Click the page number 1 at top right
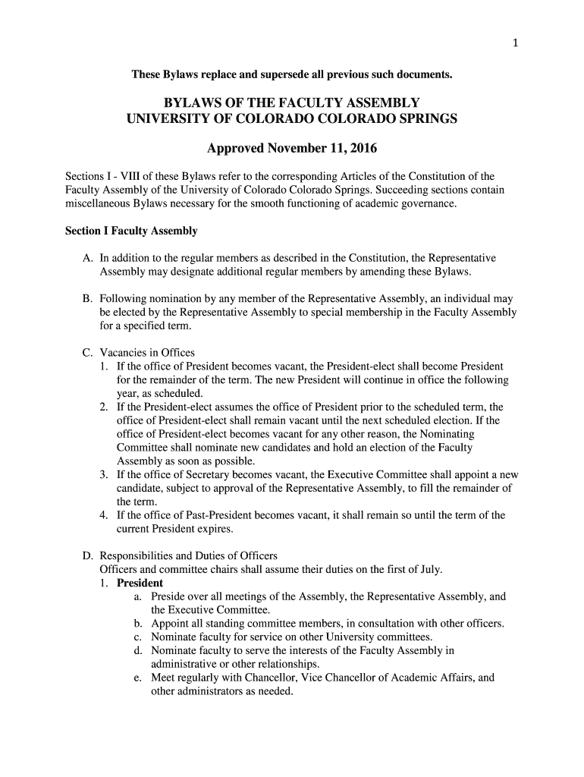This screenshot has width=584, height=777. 516,42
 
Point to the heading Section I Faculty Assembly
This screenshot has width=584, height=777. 131,231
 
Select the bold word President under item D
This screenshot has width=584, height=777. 140,583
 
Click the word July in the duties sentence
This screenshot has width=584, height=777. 426,569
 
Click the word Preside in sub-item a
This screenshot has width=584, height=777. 170,596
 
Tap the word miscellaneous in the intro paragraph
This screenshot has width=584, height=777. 99,203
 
